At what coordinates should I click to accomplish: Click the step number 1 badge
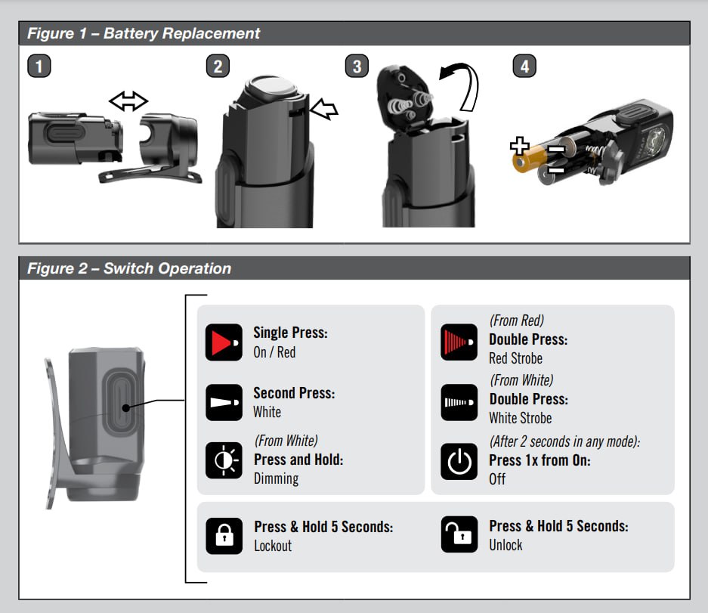(x=39, y=66)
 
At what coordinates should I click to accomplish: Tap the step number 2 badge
(x=218, y=66)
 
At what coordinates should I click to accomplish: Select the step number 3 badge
(x=357, y=66)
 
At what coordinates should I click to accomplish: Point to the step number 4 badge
(x=524, y=66)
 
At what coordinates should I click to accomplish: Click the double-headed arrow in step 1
(x=128, y=101)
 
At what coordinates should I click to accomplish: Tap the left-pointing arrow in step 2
(x=323, y=109)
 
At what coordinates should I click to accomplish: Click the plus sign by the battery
(x=519, y=146)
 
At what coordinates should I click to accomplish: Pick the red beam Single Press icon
(x=224, y=342)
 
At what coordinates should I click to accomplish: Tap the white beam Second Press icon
(x=224, y=402)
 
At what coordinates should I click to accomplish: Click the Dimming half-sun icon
(x=224, y=460)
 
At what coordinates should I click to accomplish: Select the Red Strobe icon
(x=459, y=342)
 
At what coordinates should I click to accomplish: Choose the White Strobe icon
(x=459, y=402)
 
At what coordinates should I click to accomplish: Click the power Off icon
(x=459, y=461)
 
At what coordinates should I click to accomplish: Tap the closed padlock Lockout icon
(x=224, y=536)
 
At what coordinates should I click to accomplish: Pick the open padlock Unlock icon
(x=459, y=534)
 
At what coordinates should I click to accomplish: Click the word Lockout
(x=273, y=546)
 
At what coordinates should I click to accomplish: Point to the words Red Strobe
(x=515, y=358)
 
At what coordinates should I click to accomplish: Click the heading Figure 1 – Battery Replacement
(x=144, y=33)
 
